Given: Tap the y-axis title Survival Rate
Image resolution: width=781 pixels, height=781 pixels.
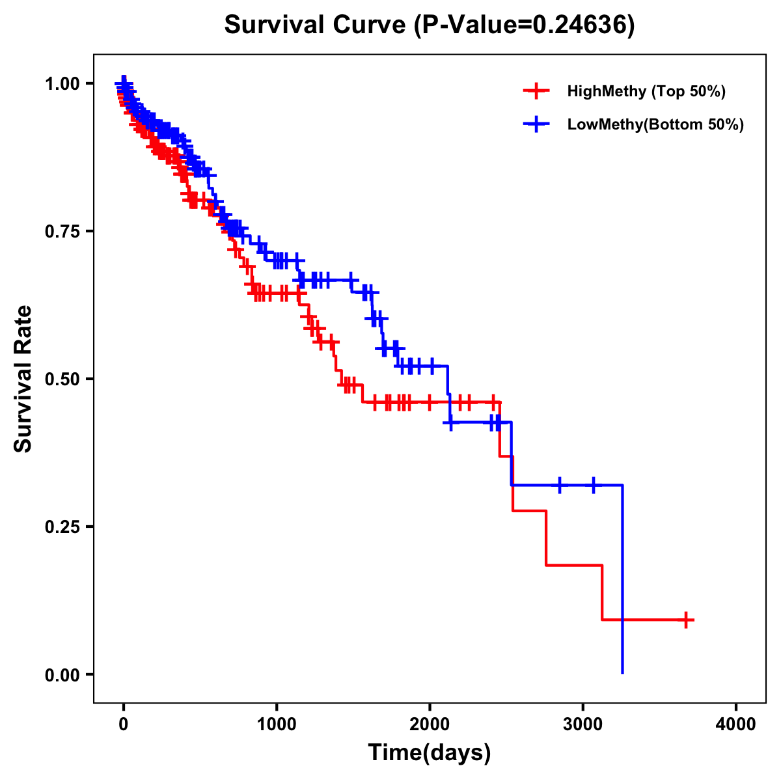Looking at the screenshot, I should tap(23, 378).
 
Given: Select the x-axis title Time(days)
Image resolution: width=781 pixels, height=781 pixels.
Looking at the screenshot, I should tap(430, 752).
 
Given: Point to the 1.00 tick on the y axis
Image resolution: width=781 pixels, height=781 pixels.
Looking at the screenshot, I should tap(62, 83).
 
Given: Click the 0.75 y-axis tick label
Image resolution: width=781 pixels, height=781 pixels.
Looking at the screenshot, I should tap(62, 231).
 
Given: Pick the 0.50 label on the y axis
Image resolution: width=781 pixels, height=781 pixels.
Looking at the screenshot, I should tap(62, 379).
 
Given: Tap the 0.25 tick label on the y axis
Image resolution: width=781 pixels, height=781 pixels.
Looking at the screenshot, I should tap(62, 527).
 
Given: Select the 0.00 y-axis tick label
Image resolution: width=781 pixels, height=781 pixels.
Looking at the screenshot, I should tap(62, 674).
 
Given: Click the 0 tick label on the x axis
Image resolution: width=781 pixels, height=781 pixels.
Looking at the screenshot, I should tap(124, 724).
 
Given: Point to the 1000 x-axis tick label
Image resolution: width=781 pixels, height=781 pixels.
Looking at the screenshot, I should tap(277, 724).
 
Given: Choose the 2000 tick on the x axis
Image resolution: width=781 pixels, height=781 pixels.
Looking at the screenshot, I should tap(430, 724).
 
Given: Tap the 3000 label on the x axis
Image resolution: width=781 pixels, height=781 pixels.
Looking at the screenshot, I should tap(583, 724).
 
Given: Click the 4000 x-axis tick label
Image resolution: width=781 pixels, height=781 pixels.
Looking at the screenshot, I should tap(736, 724).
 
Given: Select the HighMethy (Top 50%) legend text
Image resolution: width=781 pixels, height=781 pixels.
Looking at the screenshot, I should tap(646, 91).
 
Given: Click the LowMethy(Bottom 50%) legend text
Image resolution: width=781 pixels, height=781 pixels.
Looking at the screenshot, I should tap(655, 124).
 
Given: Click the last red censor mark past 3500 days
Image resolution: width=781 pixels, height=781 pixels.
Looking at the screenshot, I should tap(685, 620).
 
